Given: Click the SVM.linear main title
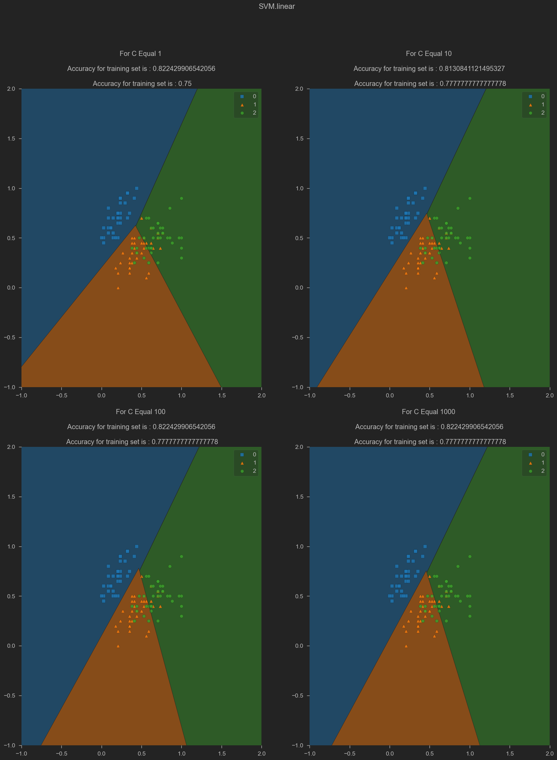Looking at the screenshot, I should (x=276, y=6).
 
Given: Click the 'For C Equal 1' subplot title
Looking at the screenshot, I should (x=140, y=54).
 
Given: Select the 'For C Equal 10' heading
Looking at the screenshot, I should (x=428, y=54).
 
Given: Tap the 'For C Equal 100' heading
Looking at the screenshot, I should (x=140, y=412).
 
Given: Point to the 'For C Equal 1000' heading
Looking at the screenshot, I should (x=428, y=412).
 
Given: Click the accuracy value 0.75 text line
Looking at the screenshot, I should (x=142, y=84).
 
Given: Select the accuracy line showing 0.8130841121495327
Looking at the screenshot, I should (x=429, y=69).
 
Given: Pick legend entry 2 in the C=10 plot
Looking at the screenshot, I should (x=537, y=113).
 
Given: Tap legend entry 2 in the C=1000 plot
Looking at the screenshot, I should (x=537, y=471).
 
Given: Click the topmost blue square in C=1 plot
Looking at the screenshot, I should (x=137, y=188).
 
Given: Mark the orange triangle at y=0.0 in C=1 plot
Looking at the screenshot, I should (x=118, y=288).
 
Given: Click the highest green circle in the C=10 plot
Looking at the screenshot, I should (x=470, y=198).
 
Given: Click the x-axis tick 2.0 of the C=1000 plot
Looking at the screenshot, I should (x=550, y=754).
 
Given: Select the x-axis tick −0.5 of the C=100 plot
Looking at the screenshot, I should (x=61, y=754).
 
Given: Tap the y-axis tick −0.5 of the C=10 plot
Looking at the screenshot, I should (x=299, y=337).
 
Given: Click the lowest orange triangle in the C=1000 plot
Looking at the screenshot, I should (x=406, y=646).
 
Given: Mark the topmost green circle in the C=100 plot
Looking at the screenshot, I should (x=181, y=556).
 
